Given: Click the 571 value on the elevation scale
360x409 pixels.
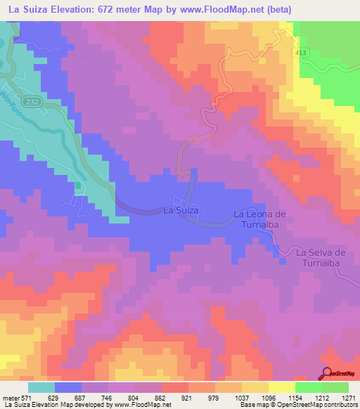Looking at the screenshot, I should click(x=25, y=397).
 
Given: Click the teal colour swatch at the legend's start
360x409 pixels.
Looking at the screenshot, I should click(x=41, y=387).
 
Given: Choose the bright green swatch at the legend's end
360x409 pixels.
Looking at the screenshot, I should click(x=335, y=387).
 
